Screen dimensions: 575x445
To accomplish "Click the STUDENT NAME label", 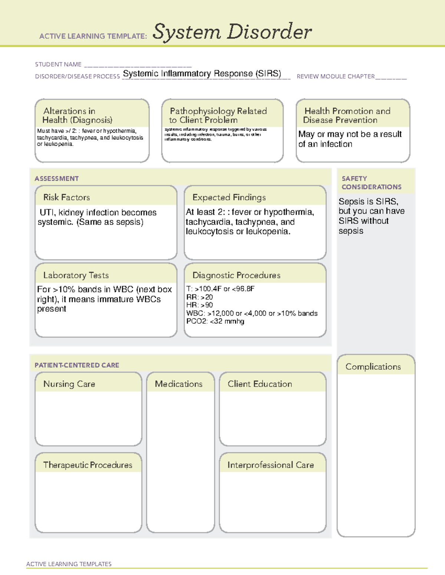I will [x=58, y=64].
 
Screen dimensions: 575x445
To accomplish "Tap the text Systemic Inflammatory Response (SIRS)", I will [x=202, y=73].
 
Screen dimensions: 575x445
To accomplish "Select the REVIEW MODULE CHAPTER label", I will [x=336, y=76].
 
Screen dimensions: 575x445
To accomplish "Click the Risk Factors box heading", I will [x=67, y=197].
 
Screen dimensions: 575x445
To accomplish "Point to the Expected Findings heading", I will [x=229, y=197].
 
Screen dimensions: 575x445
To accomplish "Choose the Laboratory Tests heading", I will [x=76, y=275].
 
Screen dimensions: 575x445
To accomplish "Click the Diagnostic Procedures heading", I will [x=236, y=275].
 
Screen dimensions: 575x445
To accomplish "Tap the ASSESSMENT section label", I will [x=57, y=178].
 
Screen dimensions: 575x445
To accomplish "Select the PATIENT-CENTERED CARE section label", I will [x=77, y=365].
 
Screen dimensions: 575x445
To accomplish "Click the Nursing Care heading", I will [x=69, y=384].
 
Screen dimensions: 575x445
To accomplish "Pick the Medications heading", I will [x=179, y=384].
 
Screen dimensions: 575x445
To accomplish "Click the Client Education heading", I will [x=260, y=384].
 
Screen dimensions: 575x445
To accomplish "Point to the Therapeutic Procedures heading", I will [x=88, y=465].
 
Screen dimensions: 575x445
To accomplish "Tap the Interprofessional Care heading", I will [x=271, y=465].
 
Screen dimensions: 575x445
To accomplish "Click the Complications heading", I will [x=373, y=367].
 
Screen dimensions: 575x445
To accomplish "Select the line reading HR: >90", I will [x=200, y=305].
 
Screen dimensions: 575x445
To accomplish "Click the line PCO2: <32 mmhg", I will [x=215, y=321].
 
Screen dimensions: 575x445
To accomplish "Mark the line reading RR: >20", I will [x=200, y=297].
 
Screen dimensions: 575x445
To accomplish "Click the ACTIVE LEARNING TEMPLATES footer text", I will [x=69, y=564].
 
